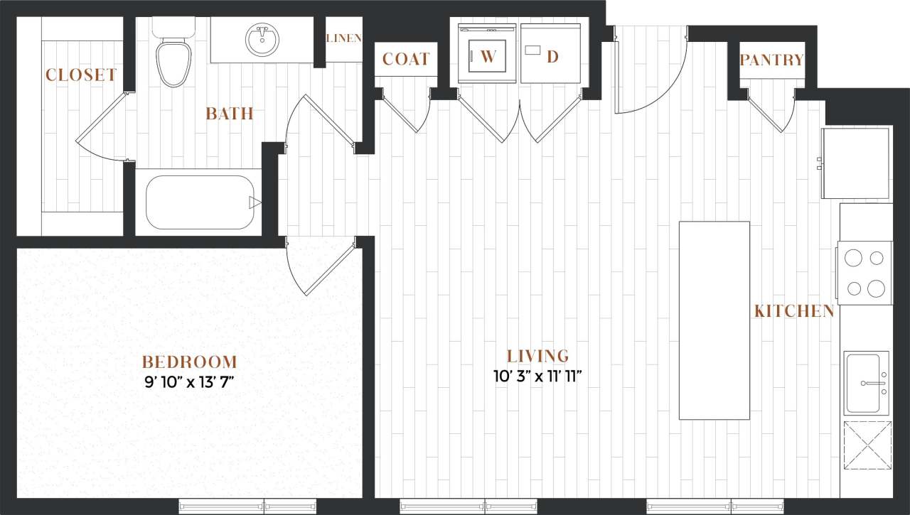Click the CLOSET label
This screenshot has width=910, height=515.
[x=81, y=75]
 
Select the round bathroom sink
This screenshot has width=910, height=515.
[x=262, y=40]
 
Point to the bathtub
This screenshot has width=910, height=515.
[x=200, y=202]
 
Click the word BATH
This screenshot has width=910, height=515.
[x=229, y=114]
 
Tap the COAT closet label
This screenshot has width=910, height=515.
[x=406, y=59]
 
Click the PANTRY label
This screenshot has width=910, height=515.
[x=771, y=60]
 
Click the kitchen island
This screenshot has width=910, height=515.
[x=714, y=320]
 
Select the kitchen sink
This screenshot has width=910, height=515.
[x=866, y=382]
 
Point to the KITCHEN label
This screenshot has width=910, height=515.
[x=793, y=311]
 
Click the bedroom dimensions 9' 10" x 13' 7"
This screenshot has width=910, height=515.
[x=188, y=382]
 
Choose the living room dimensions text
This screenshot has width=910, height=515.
[x=537, y=375]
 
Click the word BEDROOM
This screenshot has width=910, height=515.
[x=188, y=362]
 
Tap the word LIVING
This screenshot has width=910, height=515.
[x=537, y=356]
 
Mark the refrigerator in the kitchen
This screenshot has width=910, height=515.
[x=856, y=163]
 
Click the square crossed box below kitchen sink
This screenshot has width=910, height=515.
[x=867, y=445]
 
